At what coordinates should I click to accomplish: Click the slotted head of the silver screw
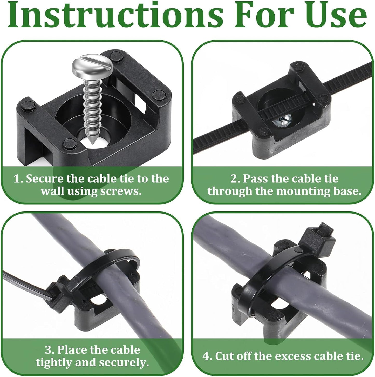pyautogui.click(x=92, y=66)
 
